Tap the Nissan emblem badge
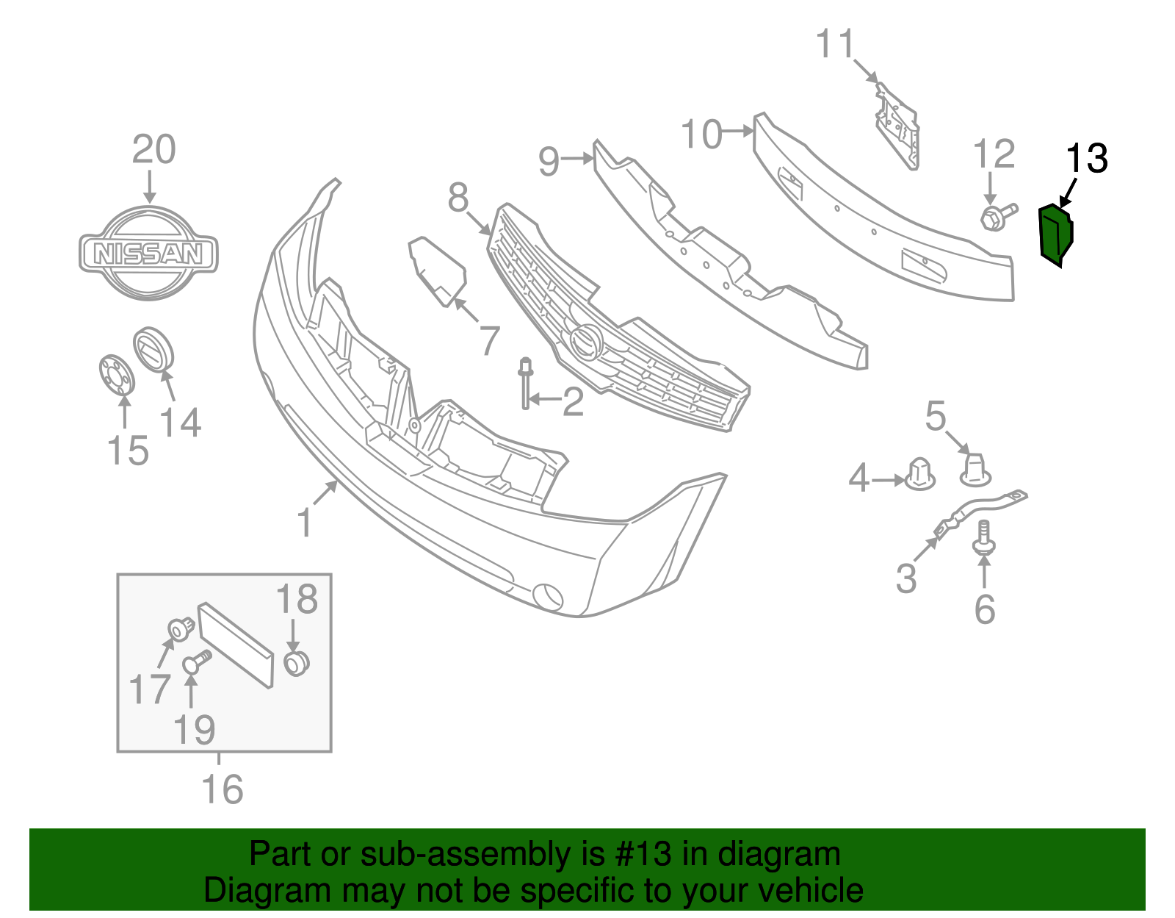(x=148, y=252)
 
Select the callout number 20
(x=153, y=149)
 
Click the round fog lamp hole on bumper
(x=548, y=596)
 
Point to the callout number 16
(x=222, y=790)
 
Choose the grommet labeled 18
(x=296, y=663)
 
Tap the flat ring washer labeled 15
(x=117, y=374)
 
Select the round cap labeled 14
(x=153, y=349)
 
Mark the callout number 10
(x=701, y=135)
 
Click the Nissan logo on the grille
(x=585, y=341)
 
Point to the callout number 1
(x=305, y=523)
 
